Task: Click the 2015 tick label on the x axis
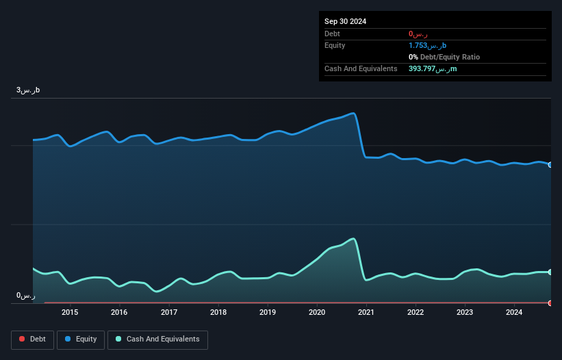[70, 313]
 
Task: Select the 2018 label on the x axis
[218, 313]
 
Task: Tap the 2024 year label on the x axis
[515, 313]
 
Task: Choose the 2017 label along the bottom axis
[168, 313]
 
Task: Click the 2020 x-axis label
[317, 313]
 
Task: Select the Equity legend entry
[81, 339]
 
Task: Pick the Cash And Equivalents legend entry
[157, 339]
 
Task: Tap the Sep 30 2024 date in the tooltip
[346, 21]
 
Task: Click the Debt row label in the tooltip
[332, 34]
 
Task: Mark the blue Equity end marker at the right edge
[550, 165]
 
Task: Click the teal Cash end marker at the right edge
[550, 272]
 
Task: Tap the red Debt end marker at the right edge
[550, 303]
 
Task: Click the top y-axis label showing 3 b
[29, 90]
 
